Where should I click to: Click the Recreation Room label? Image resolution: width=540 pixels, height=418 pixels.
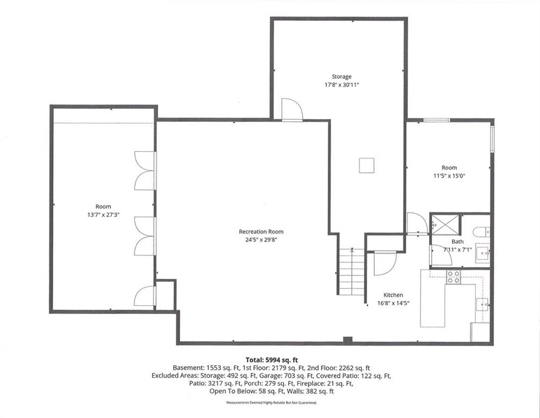click(x=261, y=231)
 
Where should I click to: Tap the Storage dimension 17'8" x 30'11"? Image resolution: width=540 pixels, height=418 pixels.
click(x=342, y=85)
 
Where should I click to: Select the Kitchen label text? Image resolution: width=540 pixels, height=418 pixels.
click(x=393, y=295)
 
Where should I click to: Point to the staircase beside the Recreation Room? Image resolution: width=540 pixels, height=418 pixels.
click(x=351, y=272)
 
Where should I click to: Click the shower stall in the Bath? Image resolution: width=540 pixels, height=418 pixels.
click(x=445, y=225)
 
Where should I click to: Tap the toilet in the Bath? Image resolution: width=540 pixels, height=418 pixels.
click(x=481, y=232)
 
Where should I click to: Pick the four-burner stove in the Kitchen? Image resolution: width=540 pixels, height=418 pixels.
click(x=453, y=277)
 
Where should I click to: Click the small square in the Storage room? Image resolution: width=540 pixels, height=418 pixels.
click(x=367, y=165)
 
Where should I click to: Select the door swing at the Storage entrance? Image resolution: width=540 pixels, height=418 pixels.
click(x=292, y=109)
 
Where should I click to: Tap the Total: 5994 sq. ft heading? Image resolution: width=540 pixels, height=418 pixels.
click(x=272, y=360)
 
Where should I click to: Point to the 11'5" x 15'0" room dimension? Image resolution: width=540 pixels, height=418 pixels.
click(x=449, y=176)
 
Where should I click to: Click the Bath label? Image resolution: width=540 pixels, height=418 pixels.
click(x=457, y=242)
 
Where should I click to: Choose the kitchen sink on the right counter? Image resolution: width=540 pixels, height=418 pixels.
click(x=482, y=305)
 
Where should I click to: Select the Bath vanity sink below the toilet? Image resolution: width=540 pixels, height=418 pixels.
click(x=482, y=254)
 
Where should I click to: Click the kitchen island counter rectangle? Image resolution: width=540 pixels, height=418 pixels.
click(x=433, y=298)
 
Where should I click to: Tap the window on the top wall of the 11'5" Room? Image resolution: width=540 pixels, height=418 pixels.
click(x=436, y=120)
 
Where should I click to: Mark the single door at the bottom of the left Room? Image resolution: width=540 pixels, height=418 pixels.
click(x=145, y=296)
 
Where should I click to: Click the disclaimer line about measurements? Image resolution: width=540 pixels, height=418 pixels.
click(x=271, y=403)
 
